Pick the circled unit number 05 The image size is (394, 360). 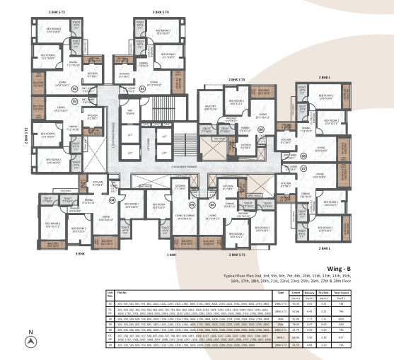point(303,156)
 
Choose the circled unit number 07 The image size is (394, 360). point(303,170)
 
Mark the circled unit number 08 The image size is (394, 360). point(260,129)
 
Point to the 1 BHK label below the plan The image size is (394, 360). point(170,253)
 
